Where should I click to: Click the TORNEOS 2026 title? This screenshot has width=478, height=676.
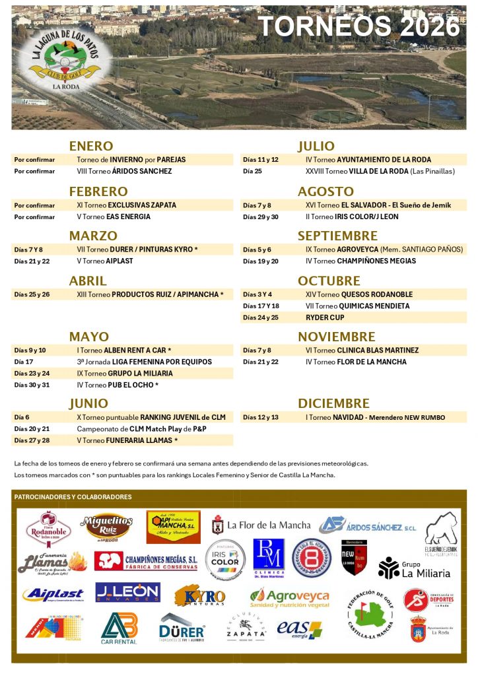click(x=358, y=27)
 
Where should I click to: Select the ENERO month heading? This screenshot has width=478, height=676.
click(x=91, y=146)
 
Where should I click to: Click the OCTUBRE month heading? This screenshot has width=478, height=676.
click(x=328, y=281)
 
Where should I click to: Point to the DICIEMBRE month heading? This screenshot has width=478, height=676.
click(x=333, y=403)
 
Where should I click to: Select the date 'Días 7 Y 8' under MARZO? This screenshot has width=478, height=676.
click(x=28, y=250)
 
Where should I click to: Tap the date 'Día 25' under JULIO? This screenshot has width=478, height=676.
click(x=252, y=172)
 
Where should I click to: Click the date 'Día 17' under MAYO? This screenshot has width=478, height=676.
click(x=24, y=362)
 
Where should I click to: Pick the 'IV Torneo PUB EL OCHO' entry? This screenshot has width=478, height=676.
click(x=118, y=385)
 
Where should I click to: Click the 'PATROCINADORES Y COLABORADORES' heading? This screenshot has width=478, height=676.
click(x=73, y=497)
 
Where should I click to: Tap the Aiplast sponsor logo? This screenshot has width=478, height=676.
click(x=53, y=595)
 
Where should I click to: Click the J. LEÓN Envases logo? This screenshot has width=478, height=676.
click(x=127, y=592)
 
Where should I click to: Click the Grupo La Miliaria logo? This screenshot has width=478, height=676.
click(x=414, y=568)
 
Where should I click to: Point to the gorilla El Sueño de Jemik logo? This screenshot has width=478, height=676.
click(x=440, y=531)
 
